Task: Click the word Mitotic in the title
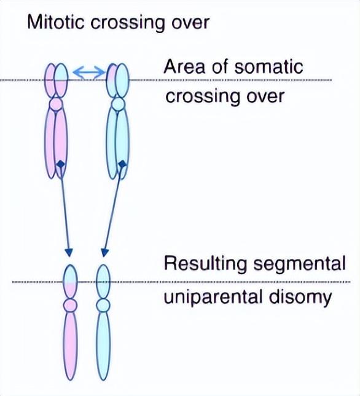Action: pyautogui.click(x=55, y=22)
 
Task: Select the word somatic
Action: pyautogui.click(x=268, y=66)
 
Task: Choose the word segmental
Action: pyautogui.click(x=299, y=264)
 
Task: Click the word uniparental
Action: pyautogui.click(x=213, y=297)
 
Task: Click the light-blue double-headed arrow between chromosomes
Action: pyautogui.click(x=90, y=73)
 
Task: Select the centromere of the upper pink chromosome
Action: pyautogui.click(x=56, y=104)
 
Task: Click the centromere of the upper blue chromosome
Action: pyautogui.click(x=117, y=105)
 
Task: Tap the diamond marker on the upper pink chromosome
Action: pyautogui.click(x=60, y=164)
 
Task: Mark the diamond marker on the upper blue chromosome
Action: pyautogui.click(x=122, y=164)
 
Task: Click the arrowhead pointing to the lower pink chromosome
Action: pyautogui.click(x=69, y=253)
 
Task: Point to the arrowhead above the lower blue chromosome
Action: pyautogui.click(x=104, y=253)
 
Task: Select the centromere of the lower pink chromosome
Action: pyautogui.click(x=70, y=306)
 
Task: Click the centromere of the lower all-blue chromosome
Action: pyautogui.click(x=103, y=305)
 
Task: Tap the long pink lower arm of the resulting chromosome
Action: pyautogui.click(x=70, y=346)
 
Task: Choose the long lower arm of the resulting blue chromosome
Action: pyautogui.click(x=103, y=346)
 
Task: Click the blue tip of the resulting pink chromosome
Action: pyautogui.click(x=70, y=274)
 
